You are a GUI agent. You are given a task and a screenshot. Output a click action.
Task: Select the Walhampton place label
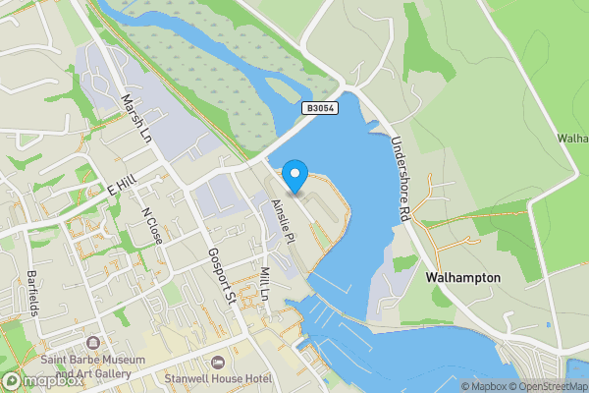[x=463, y=278]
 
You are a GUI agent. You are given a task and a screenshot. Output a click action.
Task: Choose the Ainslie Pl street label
[x=283, y=220]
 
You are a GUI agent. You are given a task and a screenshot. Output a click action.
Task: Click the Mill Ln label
[x=264, y=282]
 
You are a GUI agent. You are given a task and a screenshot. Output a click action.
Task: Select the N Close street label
[x=152, y=226]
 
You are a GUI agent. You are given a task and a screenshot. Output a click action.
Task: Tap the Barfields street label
[x=32, y=293]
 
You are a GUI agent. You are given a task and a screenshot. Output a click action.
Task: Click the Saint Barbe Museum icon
[x=93, y=344]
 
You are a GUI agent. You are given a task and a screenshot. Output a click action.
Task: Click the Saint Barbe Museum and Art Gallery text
[x=93, y=367]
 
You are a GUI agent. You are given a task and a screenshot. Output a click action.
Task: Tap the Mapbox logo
[x=43, y=380]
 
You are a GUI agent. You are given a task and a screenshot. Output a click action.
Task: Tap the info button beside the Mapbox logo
[x=11, y=379]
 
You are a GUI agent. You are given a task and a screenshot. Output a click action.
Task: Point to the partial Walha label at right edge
[x=574, y=139]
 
